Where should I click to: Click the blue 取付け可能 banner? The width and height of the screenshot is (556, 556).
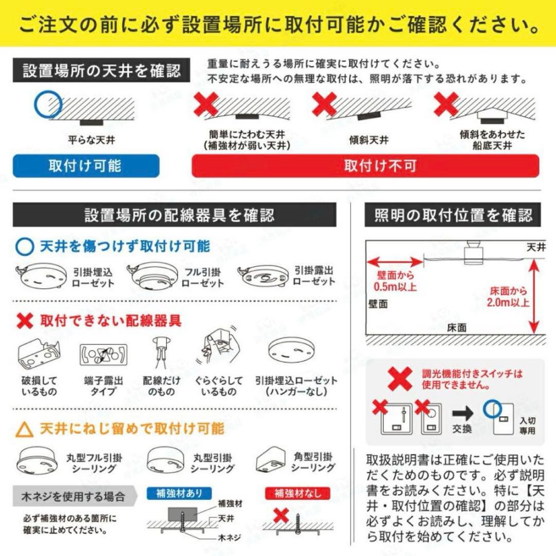(86, 166)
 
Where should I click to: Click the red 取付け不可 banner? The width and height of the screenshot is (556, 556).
(365, 166)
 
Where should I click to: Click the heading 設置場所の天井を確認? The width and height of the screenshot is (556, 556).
(102, 71)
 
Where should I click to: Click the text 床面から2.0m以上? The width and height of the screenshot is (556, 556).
(508, 297)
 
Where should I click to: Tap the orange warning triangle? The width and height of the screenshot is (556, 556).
(25, 429)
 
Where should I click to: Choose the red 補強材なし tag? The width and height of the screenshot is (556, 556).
(297, 494)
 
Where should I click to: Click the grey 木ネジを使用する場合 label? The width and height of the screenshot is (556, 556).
(73, 497)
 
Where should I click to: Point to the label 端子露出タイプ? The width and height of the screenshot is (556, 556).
(103, 387)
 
